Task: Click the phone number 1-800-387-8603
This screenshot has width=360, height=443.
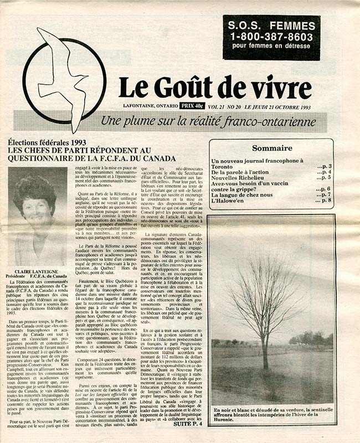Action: [x=271, y=37]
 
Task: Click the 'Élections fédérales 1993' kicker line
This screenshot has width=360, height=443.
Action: [x=53, y=142]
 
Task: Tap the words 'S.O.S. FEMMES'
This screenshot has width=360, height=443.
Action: [x=271, y=25]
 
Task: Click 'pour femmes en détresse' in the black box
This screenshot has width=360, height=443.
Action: [x=271, y=48]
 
